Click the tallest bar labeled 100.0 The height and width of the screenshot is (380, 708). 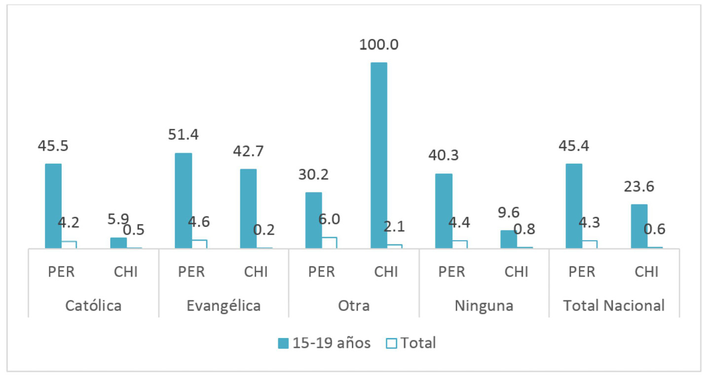[x=378, y=155]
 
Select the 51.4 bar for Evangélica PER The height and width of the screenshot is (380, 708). [x=183, y=200]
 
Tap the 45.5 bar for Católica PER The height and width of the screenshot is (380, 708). [x=53, y=206]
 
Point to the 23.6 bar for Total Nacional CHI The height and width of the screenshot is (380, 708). [x=639, y=226]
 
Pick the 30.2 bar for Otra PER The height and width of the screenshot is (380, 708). [x=313, y=220]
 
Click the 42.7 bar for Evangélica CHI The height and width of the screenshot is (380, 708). [x=248, y=208]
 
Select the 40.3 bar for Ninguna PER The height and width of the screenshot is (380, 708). [x=444, y=211]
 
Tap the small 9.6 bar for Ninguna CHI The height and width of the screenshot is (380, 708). [x=509, y=239]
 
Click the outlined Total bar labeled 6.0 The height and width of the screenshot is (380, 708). [x=329, y=242]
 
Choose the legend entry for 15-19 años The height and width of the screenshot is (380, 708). [x=324, y=343]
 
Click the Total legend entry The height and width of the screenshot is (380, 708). [x=410, y=343]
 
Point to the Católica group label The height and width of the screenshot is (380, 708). [x=93, y=305]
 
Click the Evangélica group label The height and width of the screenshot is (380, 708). [x=224, y=305]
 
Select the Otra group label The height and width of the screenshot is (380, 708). [x=354, y=305]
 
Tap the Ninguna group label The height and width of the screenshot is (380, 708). [x=484, y=305]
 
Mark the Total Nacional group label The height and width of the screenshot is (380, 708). [x=614, y=305]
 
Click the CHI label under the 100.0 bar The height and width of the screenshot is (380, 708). [x=386, y=272]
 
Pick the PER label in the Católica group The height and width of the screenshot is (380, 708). [x=61, y=272]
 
